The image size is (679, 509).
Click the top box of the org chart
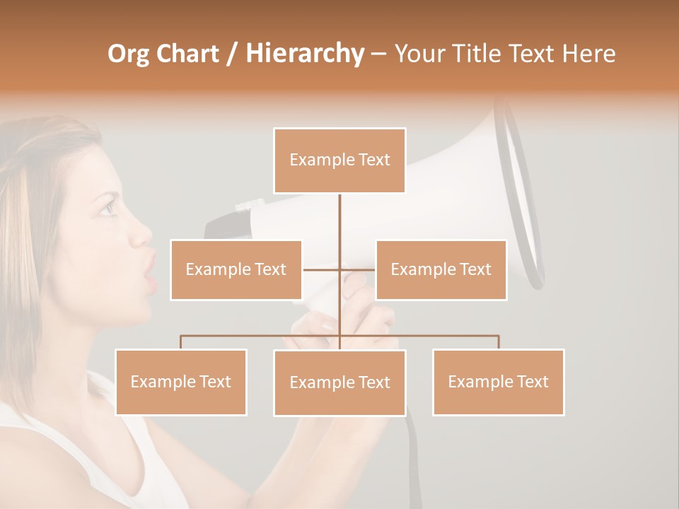339,160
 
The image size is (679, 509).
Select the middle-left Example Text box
236,270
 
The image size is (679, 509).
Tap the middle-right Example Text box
441,270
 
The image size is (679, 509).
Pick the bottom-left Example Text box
180,382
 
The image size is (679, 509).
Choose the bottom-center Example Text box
339,383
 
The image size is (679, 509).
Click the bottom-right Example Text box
498,382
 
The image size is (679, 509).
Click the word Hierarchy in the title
304,54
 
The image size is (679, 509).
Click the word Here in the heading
588,54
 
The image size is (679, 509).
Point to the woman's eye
108,209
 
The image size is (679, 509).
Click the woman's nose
145,233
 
